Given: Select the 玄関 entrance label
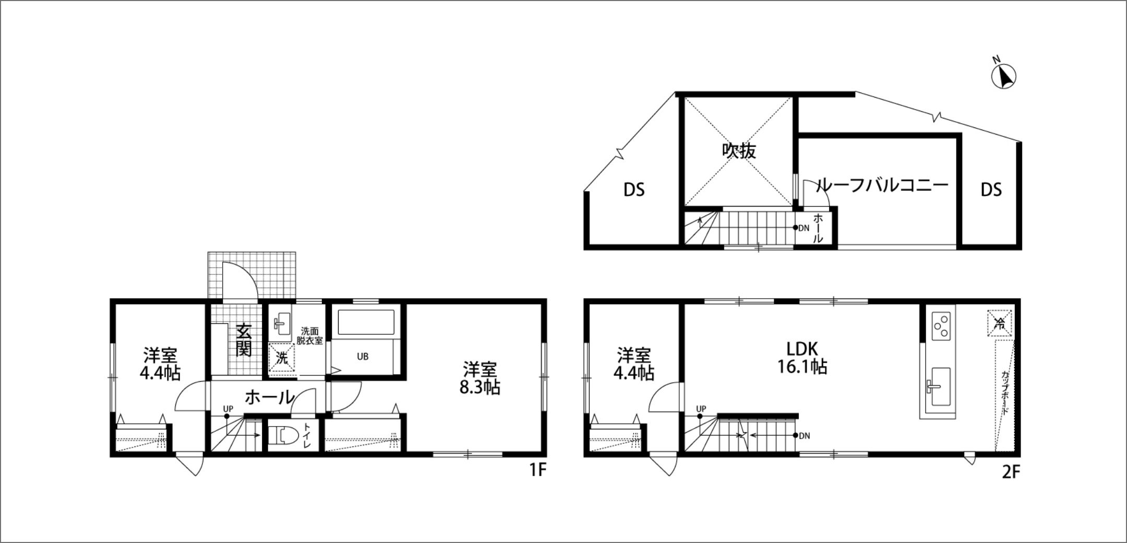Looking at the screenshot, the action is (x=244, y=340).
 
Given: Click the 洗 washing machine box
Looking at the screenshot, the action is (x=282, y=357).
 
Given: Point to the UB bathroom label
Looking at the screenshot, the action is (x=363, y=357).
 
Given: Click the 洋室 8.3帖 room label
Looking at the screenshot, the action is (x=481, y=378).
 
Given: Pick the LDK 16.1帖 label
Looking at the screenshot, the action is (x=802, y=357).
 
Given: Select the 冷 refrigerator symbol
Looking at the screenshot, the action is (x=1000, y=323).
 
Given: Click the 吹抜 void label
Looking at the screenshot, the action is (x=739, y=151).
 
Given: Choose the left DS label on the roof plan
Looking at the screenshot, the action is (x=634, y=190).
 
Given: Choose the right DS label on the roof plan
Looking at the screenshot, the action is (x=991, y=190).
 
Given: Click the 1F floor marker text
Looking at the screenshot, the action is (x=538, y=470).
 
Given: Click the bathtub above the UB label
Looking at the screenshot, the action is (x=366, y=322).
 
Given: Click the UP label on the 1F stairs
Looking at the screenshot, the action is (x=228, y=408).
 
